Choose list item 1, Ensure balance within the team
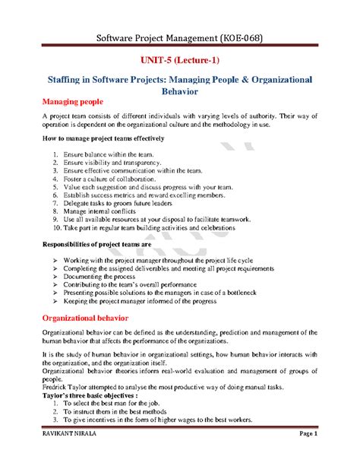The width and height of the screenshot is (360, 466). [115, 154]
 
